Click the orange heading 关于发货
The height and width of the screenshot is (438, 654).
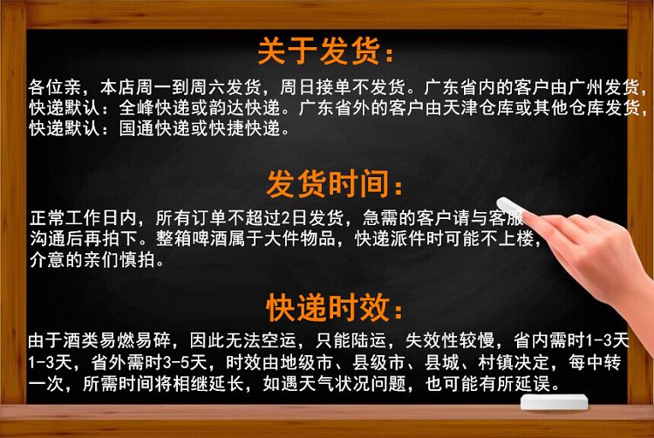pyautogui.click(x=319, y=51)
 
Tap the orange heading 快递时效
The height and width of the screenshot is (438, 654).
pyautogui.click(x=329, y=308)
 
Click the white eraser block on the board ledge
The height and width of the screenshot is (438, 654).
pyautogui.click(x=555, y=401)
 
